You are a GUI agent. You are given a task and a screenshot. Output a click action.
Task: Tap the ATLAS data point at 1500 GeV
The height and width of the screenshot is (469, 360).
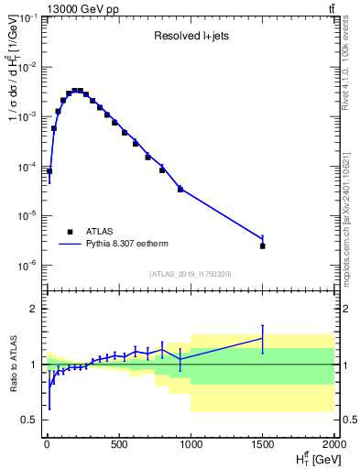tap(263, 245)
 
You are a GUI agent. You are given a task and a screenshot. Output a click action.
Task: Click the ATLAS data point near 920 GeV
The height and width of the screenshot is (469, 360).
tap(180, 189)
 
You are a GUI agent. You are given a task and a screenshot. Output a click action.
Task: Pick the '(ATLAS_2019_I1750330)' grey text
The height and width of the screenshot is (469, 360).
tap(191, 274)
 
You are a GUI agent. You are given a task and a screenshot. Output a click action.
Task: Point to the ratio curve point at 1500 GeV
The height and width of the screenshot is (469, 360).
tap(263, 338)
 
